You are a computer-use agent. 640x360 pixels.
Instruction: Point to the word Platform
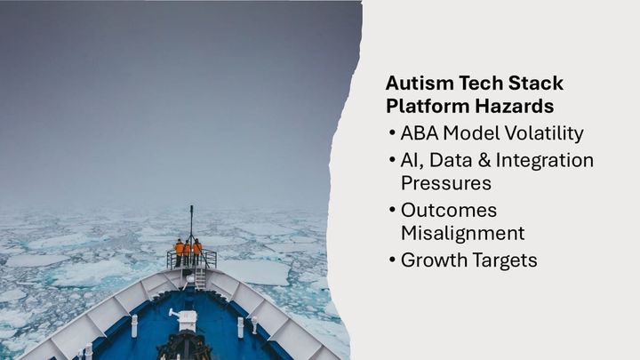point(423,107)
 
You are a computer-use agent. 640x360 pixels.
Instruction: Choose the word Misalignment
point(462,234)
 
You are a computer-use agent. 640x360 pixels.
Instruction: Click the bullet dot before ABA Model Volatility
point(393,134)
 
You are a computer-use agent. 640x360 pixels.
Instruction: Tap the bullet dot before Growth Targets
point(393,261)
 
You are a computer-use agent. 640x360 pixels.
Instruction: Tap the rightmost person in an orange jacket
point(197,250)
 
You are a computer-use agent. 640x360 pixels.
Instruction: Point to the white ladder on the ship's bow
point(200,278)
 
